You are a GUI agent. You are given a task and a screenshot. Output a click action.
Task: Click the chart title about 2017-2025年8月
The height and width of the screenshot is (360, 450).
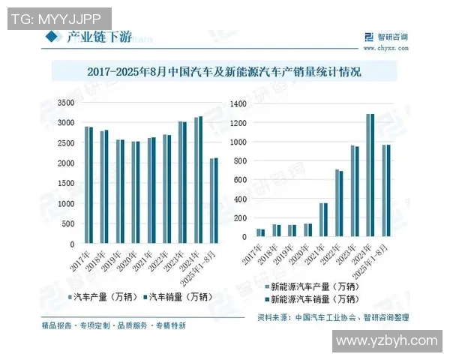[x=224, y=73]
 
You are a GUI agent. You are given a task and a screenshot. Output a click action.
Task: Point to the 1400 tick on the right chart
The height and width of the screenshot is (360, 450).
[x=238, y=103]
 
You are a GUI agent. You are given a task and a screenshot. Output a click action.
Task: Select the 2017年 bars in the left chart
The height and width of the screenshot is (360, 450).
[x=88, y=184]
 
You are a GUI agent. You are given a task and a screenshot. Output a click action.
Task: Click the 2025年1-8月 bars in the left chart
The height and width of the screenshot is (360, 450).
[x=214, y=200]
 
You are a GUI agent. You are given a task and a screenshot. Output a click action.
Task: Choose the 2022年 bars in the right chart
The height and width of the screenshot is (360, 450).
[x=339, y=202]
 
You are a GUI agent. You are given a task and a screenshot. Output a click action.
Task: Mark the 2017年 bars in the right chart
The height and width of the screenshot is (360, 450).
[x=260, y=232]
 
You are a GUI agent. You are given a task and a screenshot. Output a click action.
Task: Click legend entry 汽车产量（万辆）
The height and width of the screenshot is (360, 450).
[x=107, y=296]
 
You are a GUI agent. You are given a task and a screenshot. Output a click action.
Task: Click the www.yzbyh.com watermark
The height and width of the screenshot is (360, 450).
[x=387, y=341]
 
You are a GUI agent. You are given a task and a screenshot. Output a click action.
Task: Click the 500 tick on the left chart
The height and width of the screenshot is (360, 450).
[x=67, y=223]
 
